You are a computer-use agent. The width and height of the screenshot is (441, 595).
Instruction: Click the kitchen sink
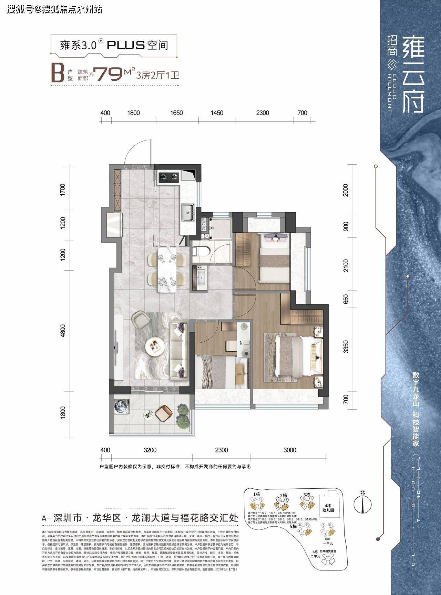tap(188, 212)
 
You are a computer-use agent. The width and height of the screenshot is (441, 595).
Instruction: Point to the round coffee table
tap(154, 345)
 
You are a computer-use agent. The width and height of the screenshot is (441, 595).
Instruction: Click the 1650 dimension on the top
tap(177, 113)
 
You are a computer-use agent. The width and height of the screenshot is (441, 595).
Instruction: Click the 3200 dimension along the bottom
tap(150, 450)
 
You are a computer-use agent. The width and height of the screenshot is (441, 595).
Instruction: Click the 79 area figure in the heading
tap(109, 74)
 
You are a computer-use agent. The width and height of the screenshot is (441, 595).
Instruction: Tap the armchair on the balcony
tap(164, 413)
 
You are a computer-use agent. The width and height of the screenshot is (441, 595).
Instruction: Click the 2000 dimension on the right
tap(346, 190)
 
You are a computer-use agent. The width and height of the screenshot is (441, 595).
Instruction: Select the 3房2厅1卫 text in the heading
tap(158, 75)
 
